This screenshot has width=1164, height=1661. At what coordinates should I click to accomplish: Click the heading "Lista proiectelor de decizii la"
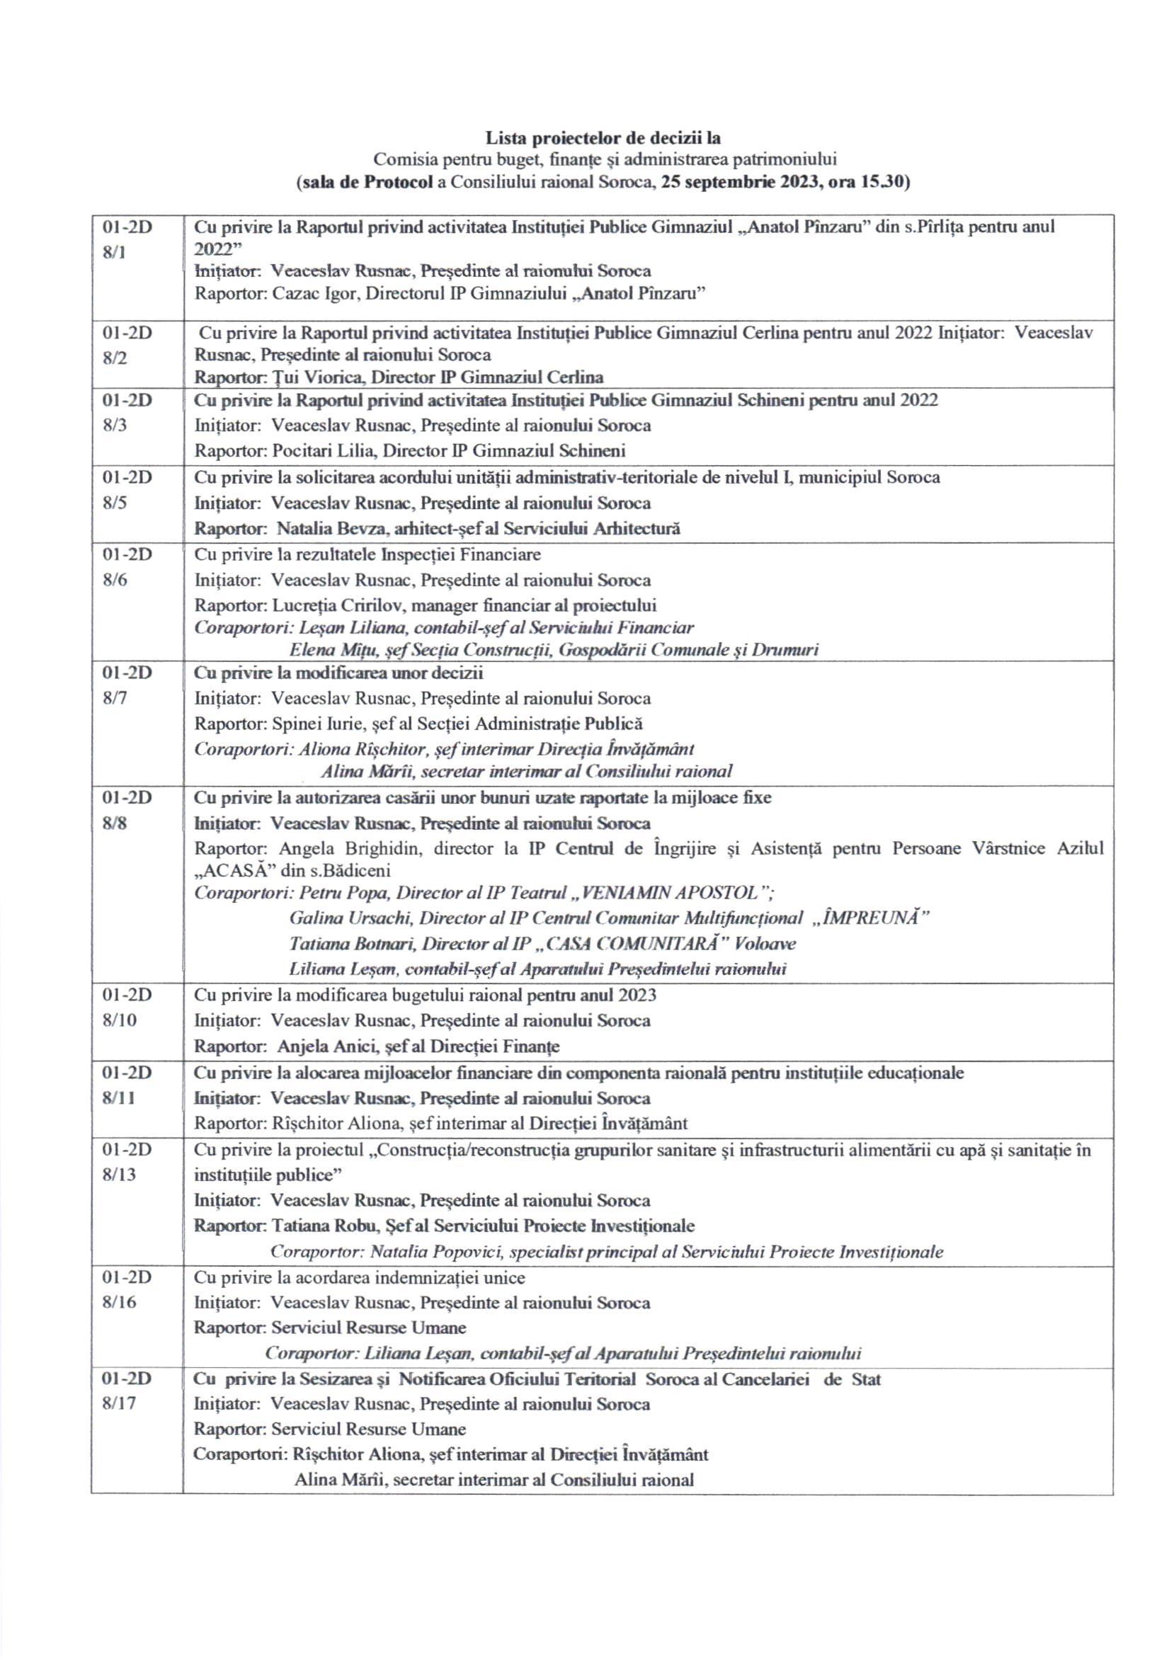602,137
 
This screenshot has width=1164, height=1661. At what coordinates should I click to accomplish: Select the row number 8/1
114,254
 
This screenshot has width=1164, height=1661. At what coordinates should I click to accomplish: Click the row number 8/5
114,502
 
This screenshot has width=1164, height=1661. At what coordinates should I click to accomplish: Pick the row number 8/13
120,1174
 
